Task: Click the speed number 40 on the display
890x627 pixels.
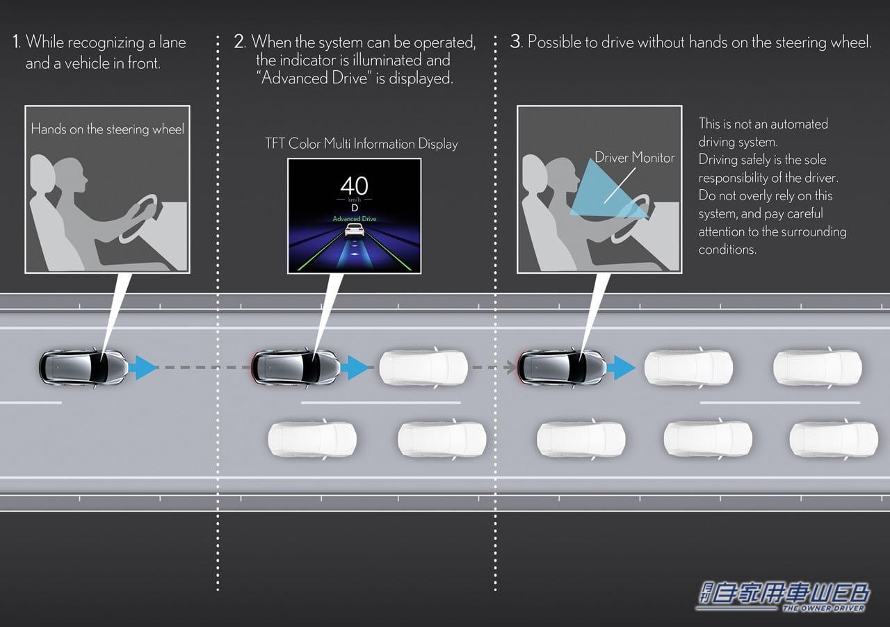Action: click(x=355, y=186)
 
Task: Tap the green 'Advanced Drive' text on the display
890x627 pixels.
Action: click(x=355, y=218)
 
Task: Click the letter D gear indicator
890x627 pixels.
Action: click(x=355, y=208)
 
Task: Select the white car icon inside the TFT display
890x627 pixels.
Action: click(x=355, y=230)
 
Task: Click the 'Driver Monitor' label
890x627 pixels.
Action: click(x=635, y=158)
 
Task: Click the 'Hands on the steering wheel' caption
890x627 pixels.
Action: click(x=107, y=129)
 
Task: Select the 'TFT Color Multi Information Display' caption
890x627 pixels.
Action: click(x=361, y=143)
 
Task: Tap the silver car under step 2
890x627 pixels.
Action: click(x=296, y=368)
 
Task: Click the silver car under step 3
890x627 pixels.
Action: click(x=562, y=368)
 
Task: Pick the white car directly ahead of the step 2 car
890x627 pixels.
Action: click(x=423, y=368)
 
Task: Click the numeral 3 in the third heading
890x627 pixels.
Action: click(x=515, y=41)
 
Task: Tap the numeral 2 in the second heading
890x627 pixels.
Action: click(x=239, y=41)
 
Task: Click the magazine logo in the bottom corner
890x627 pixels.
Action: click(x=783, y=596)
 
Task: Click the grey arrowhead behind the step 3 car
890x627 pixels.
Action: click(x=510, y=368)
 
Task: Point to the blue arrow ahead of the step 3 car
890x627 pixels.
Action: click(x=621, y=368)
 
